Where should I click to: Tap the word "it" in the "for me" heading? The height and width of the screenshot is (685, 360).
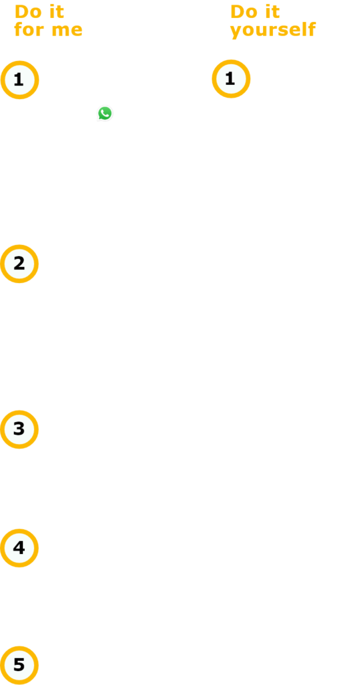click(57, 12)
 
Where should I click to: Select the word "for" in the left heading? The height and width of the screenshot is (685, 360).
click(29, 29)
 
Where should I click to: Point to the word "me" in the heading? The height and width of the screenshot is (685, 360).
click(66, 31)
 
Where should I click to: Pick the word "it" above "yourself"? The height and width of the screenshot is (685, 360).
click(272, 12)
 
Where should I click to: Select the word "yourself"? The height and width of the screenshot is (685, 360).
click(273, 31)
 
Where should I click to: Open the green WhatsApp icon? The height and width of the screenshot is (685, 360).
click(105, 114)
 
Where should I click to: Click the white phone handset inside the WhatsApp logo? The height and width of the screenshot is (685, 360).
click(105, 113)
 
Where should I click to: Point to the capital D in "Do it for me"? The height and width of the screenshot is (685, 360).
click(21, 12)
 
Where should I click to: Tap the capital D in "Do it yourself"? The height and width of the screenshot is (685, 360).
click(238, 12)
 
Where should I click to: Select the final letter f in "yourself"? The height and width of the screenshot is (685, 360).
click(312, 29)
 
